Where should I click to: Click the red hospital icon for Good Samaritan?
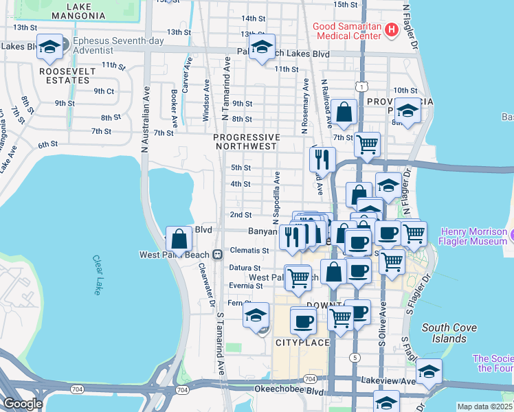[391, 30]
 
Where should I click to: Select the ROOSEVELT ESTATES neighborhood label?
[64, 76]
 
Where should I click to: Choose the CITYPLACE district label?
[300, 342]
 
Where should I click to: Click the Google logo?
[23, 404]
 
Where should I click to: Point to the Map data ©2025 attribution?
[484, 407]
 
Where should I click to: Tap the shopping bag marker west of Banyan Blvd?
[179, 239]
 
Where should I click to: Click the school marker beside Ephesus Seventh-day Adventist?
[49, 47]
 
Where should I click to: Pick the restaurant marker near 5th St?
[322, 159]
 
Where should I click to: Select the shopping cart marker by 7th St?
[368, 145]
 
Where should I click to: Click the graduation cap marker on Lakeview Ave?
[429, 371]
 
